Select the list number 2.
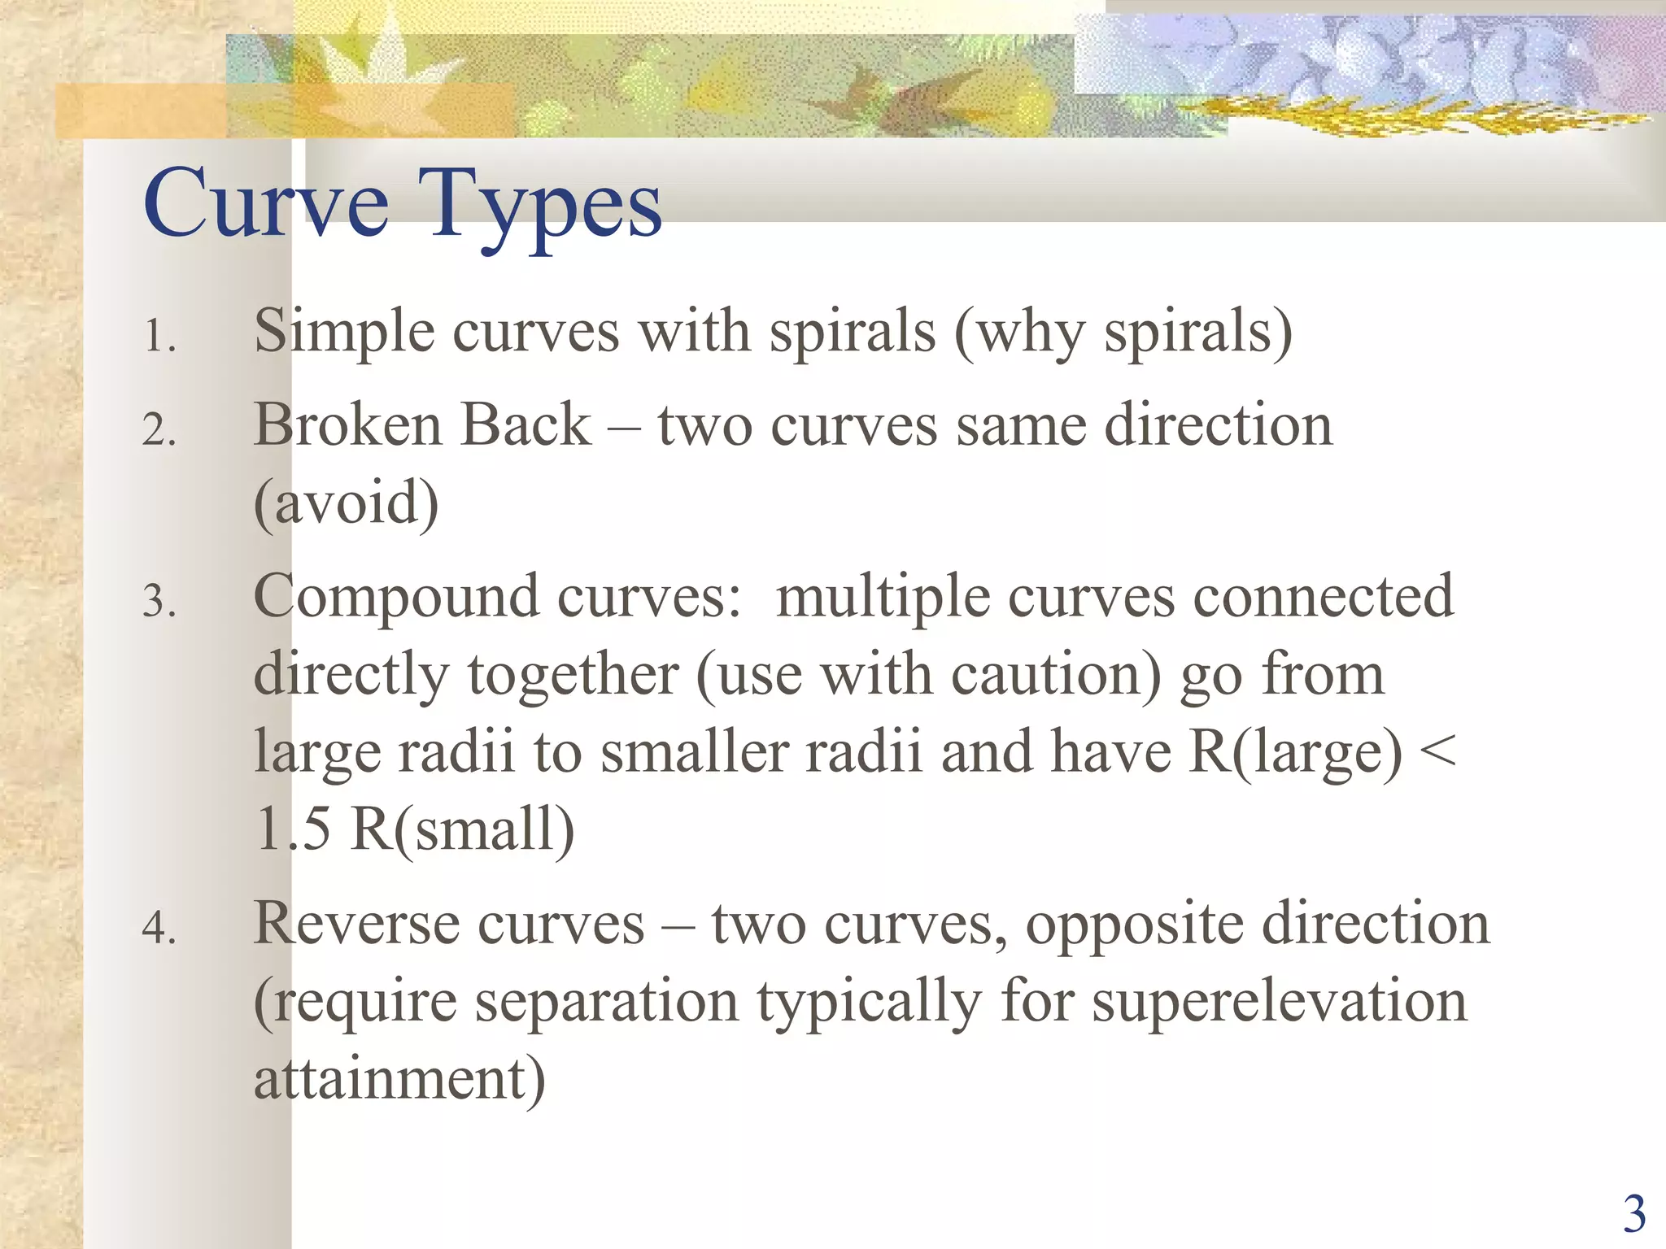click(x=159, y=429)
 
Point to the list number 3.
click(x=159, y=602)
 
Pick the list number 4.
click(x=159, y=928)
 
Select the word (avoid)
click(x=346, y=503)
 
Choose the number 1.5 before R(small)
click(x=293, y=829)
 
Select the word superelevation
click(x=1279, y=1001)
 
